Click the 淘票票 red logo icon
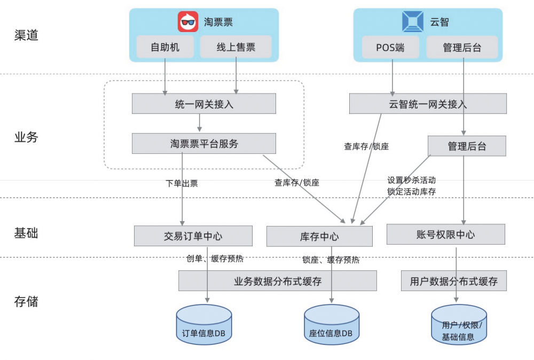[188, 22]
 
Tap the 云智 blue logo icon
[413, 22]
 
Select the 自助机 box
[165, 47]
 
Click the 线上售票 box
[236, 47]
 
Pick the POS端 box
[390, 47]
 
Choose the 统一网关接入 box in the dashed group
[204, 104]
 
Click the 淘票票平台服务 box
[204, 143]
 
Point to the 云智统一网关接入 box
[428, 104]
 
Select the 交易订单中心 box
[193, 236]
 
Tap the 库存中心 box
[319, 236]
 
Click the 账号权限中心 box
[445, 234]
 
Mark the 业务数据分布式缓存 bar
[277, 280]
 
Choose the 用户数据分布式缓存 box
[453, 280]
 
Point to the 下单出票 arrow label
[182, 183]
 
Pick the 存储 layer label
[26, 301]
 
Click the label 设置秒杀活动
[411, 180]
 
